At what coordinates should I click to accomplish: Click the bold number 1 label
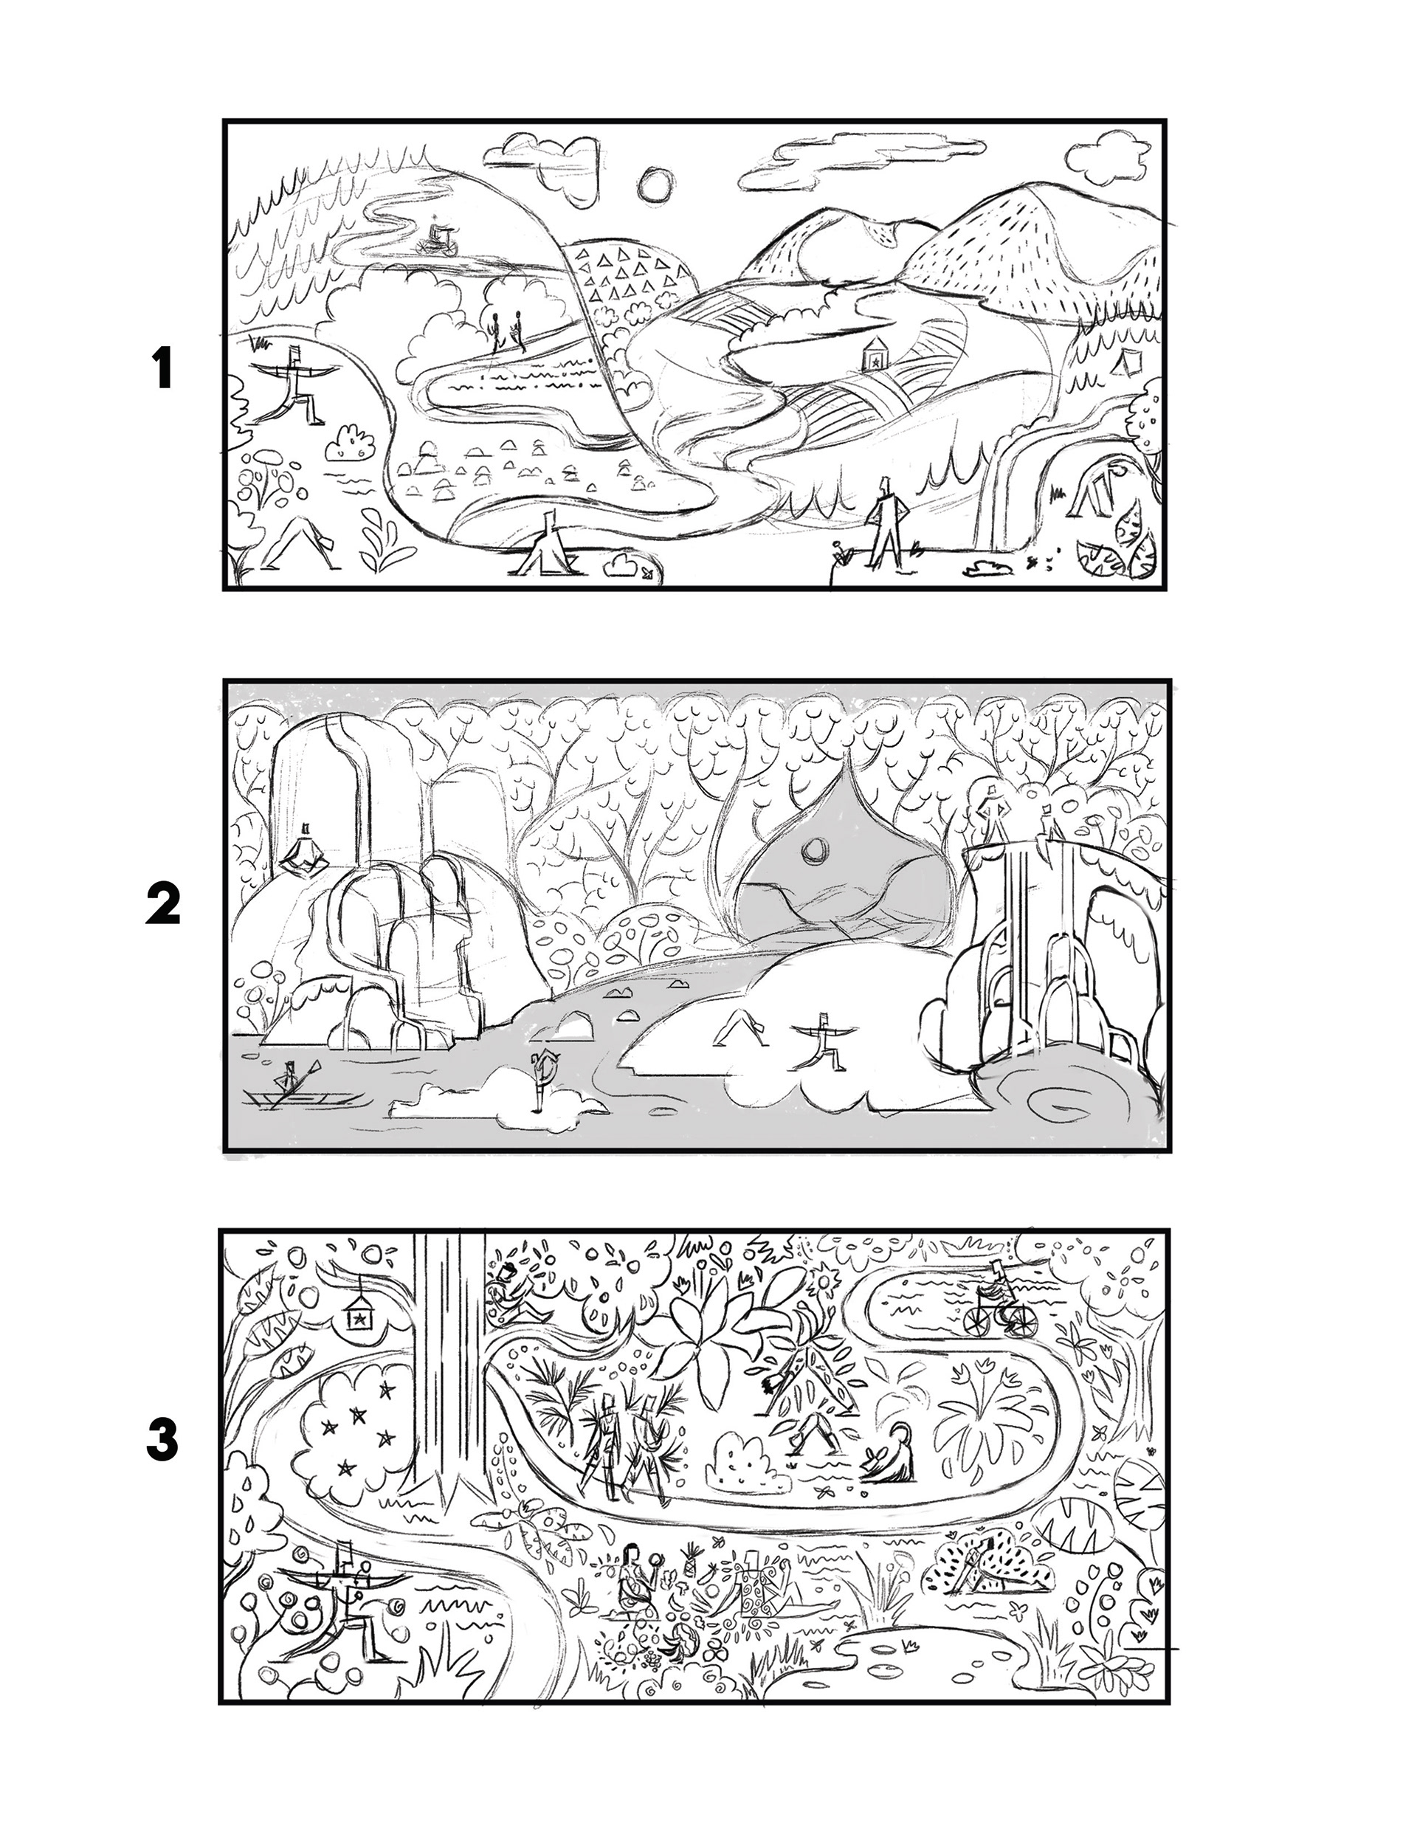[163, 370]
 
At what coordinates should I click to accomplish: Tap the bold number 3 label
[162, 1441]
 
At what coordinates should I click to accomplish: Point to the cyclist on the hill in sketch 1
[438, 237]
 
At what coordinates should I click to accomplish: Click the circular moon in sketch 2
[813, 853]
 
